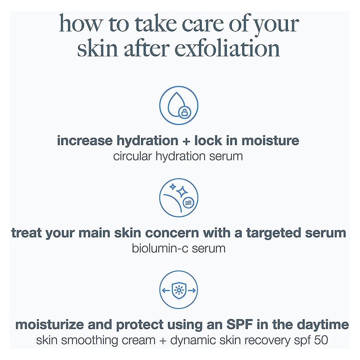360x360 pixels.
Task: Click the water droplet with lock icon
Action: click(179, 106)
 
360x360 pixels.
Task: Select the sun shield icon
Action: click(179, 291)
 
